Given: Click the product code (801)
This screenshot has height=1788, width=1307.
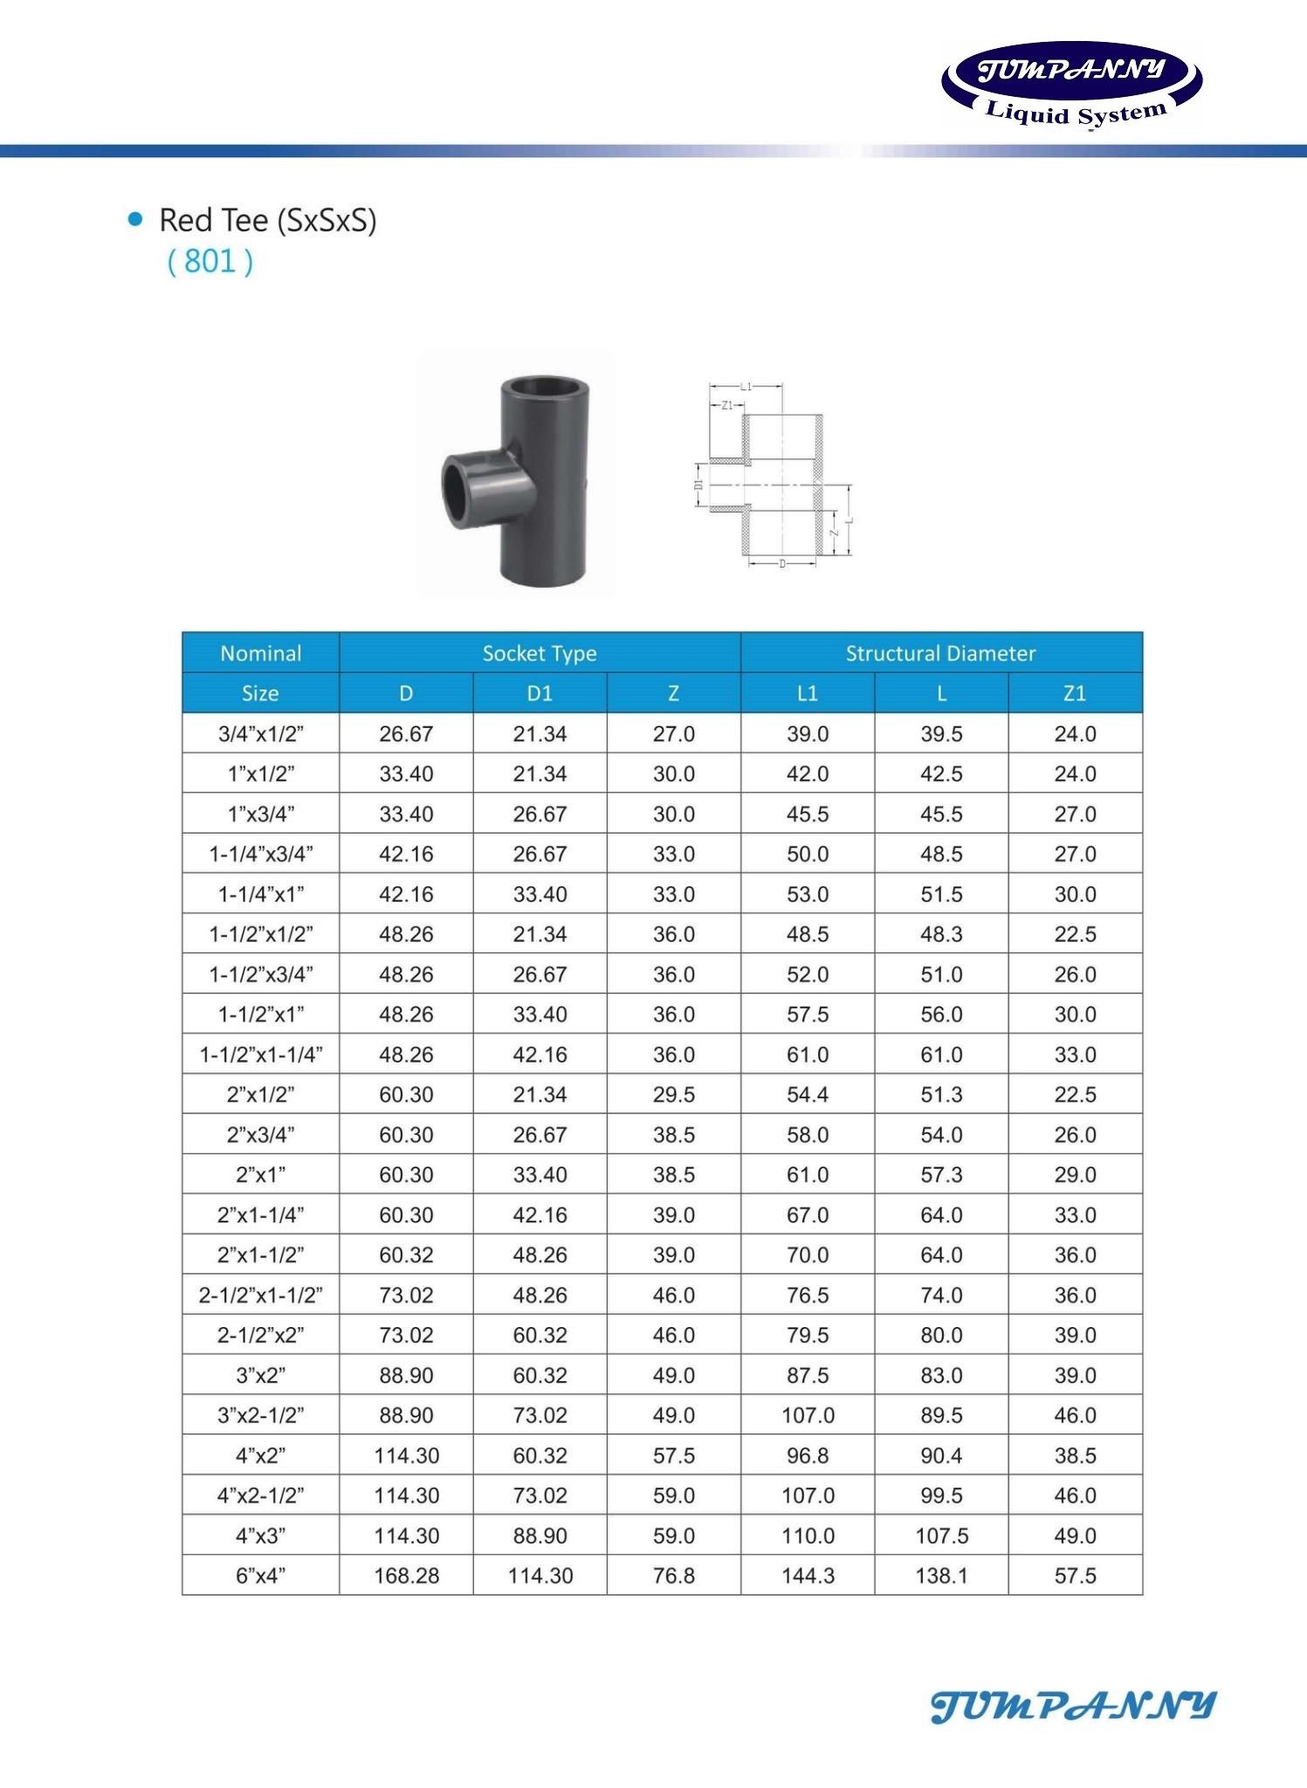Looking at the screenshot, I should [210, 261].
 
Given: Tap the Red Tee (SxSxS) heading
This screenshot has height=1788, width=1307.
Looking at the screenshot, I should [267, 220].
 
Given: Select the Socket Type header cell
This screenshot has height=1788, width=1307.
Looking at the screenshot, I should [540, 653].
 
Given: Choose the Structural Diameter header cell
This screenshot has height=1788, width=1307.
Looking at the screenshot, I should [940, 653].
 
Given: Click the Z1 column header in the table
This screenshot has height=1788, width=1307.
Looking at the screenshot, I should [1074, 693].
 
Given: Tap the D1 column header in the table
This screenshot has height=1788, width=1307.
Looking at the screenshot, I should [540, 693].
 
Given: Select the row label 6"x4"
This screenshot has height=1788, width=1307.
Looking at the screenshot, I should [260, 1576].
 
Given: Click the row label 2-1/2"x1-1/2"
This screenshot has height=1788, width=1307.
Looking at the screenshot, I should [260, 1295].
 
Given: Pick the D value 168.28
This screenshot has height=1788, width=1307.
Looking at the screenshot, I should [406, 1576].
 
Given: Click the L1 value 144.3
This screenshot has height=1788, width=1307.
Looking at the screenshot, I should [808, 1576].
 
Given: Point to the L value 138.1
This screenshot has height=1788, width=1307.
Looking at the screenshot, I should [941, 1576].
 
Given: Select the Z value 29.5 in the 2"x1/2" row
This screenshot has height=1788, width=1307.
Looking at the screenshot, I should [673, 1095].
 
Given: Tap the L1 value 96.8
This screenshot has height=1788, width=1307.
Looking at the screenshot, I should [808, 1455].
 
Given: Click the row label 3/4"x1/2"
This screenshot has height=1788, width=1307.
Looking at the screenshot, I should [260, 734].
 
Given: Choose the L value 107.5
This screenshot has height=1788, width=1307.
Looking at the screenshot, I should [941, 1536].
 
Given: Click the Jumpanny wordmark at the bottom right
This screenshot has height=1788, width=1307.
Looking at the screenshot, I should [1073, 1706].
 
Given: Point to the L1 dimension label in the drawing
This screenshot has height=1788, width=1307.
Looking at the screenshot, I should [746, 386].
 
